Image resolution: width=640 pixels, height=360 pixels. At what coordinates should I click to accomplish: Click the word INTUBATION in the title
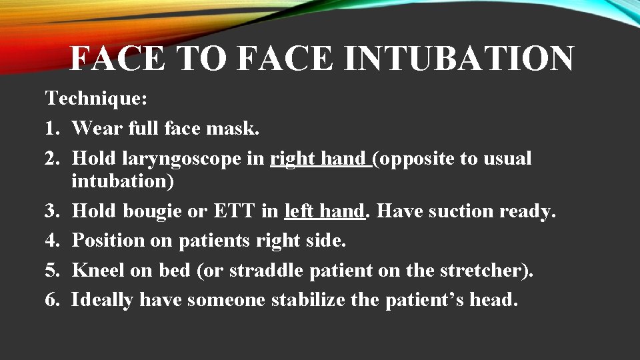tap(459, 58)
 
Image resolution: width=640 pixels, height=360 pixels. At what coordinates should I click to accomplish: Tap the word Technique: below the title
tap(96, 99)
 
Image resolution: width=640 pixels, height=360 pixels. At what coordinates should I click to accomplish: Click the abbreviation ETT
tap(233, 211)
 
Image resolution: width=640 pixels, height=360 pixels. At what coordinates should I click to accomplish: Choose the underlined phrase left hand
tap(325, 211)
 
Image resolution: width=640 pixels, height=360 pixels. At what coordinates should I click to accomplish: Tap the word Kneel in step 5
tap(94, 271)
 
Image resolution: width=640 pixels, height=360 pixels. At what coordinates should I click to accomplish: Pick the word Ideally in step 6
tap(103, 300)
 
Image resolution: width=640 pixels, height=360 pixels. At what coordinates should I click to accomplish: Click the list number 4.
tap(51, 241)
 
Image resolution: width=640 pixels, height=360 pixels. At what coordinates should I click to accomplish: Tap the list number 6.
tap(51, 300)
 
